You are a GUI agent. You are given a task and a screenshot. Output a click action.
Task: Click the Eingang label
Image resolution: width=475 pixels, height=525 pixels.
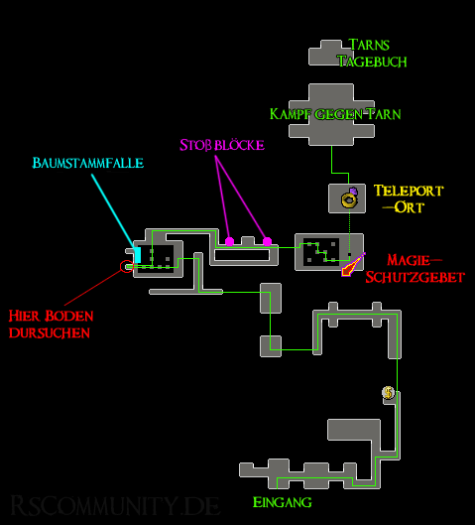pos(282,502)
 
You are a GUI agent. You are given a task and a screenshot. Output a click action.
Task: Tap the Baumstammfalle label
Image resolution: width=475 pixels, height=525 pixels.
pos(88,163)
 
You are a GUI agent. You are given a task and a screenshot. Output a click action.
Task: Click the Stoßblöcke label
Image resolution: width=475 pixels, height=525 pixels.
pos(222,145)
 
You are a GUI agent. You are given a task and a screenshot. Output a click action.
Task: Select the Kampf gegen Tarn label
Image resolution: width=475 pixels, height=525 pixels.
pos(335,114)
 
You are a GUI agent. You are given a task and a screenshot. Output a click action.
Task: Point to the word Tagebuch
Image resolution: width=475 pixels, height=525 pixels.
pos(372,62)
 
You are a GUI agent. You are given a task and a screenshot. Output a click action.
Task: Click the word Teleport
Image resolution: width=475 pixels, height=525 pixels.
pos(409,191)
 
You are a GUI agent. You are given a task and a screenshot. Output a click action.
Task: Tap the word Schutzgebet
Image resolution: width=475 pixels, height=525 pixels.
pos(415,277)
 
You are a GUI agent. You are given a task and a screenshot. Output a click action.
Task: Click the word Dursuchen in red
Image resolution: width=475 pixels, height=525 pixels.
pos(50,332)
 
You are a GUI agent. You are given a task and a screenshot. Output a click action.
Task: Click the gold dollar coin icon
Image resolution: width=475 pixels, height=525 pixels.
pos(389,392)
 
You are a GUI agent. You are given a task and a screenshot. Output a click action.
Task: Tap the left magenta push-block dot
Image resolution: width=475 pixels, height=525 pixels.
pos(229,241)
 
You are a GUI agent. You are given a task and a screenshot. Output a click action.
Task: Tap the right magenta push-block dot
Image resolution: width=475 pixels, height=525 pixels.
pos(268,241)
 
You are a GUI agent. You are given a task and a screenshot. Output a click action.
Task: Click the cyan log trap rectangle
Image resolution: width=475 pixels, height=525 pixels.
pos(138,255)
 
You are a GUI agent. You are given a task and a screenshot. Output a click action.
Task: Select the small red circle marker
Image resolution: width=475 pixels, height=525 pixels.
pos(127,267)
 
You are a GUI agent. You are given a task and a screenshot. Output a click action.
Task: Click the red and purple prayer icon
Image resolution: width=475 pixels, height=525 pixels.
pos(353,265)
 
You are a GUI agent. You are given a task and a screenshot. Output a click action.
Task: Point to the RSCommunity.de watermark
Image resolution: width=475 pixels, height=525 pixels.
pos(115,505)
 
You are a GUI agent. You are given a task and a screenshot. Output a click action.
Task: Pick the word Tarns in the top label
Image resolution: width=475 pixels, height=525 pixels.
pos(369,45)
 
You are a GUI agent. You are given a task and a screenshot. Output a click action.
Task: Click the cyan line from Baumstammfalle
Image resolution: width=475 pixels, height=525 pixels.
pos(114,211)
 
